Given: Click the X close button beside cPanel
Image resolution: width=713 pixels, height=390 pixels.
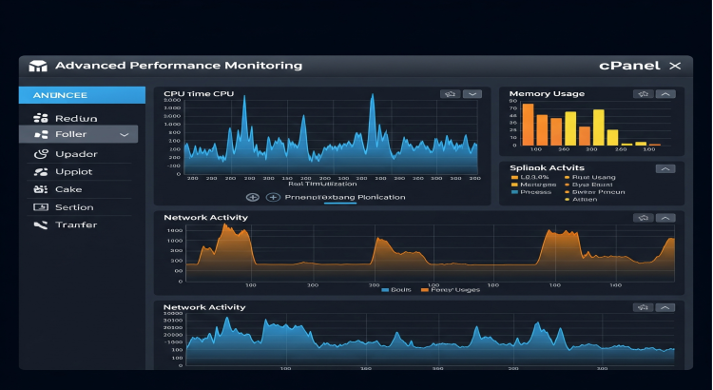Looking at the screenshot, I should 675,66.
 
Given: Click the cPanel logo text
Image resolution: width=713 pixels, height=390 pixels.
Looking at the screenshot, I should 631,66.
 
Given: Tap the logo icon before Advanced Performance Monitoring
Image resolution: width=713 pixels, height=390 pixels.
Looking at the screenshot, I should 38,67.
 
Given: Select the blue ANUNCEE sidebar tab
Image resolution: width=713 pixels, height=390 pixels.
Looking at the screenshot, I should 79,95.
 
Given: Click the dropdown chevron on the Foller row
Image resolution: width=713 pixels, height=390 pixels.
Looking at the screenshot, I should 125,135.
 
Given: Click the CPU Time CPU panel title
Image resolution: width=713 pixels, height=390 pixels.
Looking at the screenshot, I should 199,94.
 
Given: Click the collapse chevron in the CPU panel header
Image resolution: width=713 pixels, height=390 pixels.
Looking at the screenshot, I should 471,94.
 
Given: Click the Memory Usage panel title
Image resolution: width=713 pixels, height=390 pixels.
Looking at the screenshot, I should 547,94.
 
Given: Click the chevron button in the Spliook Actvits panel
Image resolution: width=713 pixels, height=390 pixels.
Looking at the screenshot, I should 665,168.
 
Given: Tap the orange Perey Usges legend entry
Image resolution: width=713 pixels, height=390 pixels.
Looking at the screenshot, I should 452,288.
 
